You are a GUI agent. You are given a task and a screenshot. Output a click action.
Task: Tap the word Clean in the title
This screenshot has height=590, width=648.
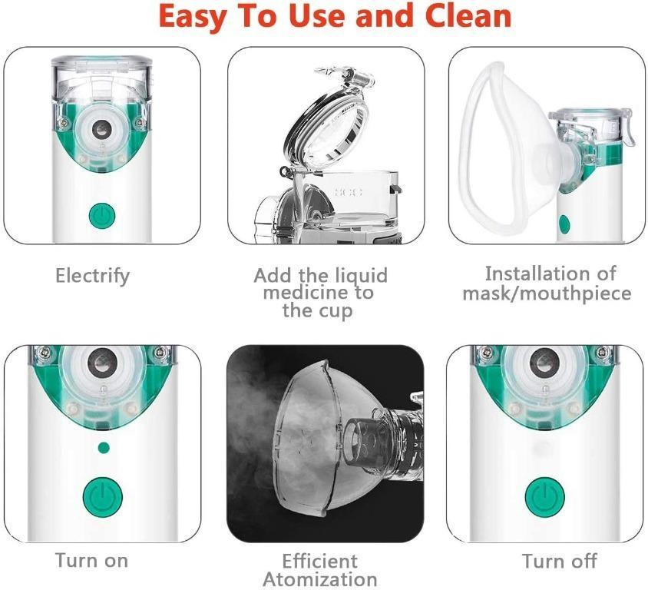click(464, 16)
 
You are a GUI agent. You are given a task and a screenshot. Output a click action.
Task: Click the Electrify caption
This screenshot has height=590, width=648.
click(93, 275)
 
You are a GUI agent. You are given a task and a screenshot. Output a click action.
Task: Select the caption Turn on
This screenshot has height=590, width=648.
click(91, 560)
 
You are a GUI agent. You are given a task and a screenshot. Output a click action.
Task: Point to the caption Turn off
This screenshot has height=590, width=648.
click(559, 561)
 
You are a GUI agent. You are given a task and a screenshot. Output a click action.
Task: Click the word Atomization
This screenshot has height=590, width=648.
click(320, 578)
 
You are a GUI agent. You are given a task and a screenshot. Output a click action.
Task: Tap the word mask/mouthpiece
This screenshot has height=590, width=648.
click(547, 293)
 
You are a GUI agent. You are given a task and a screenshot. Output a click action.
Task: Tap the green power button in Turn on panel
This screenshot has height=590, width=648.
click(103, 496)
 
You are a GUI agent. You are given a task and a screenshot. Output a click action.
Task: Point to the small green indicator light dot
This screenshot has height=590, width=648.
click(104, 446)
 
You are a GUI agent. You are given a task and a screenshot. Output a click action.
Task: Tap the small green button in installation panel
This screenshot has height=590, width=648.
click(564, 224)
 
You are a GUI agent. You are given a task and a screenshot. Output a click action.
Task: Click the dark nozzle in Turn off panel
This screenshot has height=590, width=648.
click(544, 357)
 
